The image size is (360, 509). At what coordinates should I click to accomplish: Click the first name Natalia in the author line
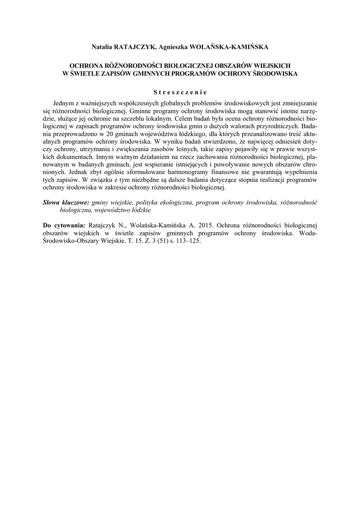(101, 47)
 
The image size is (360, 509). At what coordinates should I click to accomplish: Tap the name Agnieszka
(176, 47)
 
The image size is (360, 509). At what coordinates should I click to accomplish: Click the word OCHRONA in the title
(86, 66)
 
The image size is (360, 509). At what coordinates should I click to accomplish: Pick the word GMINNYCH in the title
(158, 73)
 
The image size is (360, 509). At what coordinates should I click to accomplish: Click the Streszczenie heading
(180, 91)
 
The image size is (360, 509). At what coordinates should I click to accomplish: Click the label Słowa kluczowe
(66, 203)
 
